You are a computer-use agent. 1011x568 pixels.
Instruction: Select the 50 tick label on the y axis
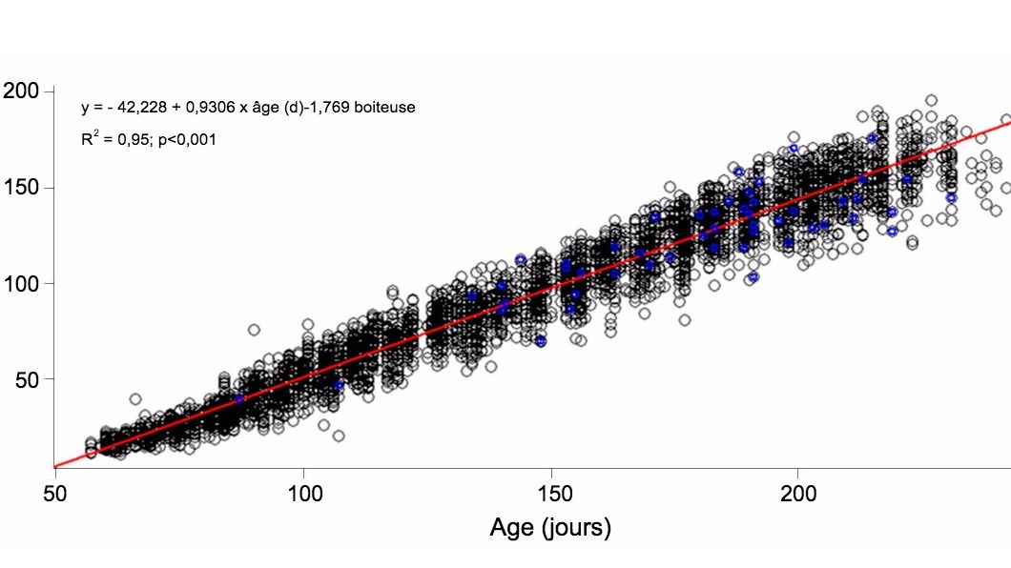coord(25,379)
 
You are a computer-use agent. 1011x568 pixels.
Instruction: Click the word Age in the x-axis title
coord(512,527)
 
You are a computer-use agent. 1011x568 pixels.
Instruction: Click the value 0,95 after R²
coord(133,140)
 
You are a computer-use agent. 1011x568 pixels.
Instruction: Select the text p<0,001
coord(188,140)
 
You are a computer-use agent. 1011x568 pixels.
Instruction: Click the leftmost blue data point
coord(239,399)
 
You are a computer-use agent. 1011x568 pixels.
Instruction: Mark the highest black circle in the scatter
coord(931,100)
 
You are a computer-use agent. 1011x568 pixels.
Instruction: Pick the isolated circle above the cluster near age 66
coord(135,399)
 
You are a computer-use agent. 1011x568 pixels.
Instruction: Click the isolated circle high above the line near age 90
coord(254,330)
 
